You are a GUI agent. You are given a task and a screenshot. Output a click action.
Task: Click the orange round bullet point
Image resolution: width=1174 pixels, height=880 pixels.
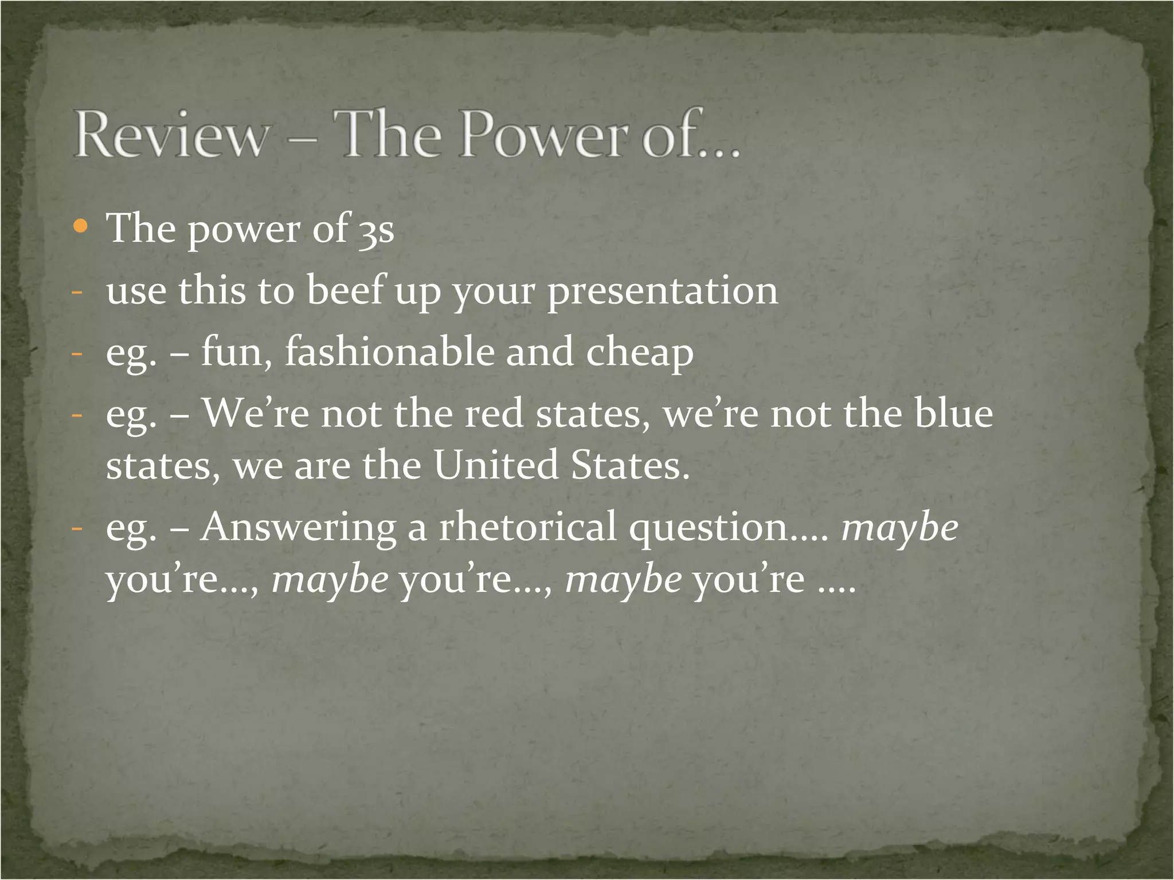(81, 227)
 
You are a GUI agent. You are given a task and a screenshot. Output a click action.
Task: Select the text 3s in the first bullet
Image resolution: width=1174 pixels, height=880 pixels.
(377, 229)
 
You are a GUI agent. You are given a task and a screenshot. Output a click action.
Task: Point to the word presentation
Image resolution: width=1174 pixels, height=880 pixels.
(663, 291)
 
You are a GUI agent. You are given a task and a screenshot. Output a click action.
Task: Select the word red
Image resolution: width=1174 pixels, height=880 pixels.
(494, 414)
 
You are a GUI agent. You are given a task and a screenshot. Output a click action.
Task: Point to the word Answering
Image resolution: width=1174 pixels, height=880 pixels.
(298, 527)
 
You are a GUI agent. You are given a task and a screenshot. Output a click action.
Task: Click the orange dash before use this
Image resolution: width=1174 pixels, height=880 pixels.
(77, 292)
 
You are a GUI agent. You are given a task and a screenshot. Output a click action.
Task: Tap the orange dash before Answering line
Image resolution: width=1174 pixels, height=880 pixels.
(77, 528)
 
